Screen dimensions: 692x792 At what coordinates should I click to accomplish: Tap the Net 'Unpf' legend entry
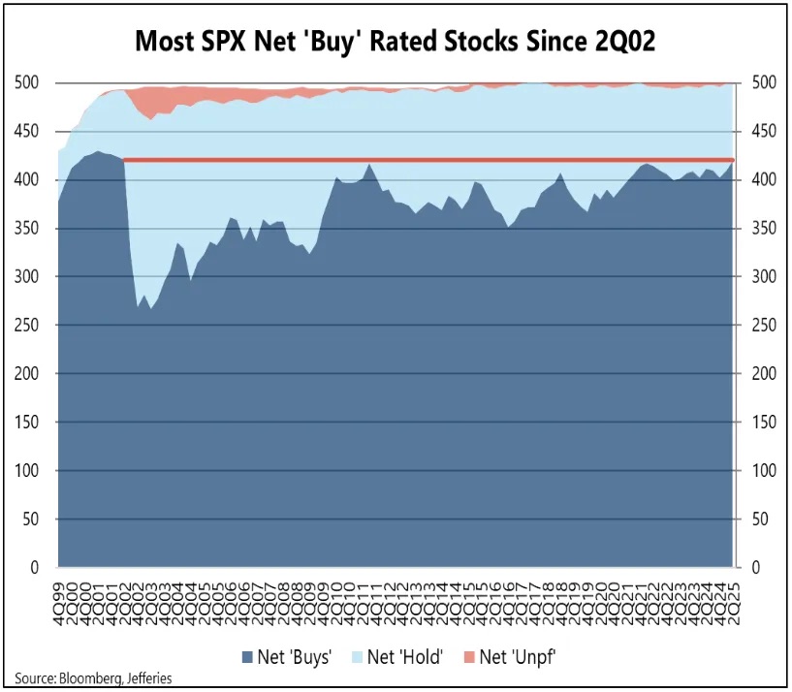pyautogui.click(x=517, y=656)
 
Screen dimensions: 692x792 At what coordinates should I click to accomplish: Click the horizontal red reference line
pyautogui.click(x=427, y=160)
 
